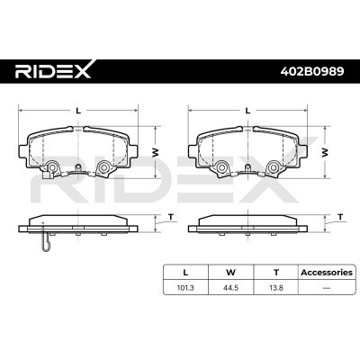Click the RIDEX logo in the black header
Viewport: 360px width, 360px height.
[53, 71]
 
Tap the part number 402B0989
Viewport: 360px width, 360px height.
[312, 71]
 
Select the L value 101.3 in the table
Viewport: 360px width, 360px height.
[185, 288]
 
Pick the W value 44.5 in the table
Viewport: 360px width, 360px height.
[230, 288]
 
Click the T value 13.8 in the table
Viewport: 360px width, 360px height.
[276, 288]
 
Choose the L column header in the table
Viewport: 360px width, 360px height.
[185, 273]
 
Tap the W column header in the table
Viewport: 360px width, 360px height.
[230, 273]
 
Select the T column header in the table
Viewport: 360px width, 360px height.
[276, 273]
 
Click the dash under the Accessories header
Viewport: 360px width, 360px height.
[327, 288]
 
